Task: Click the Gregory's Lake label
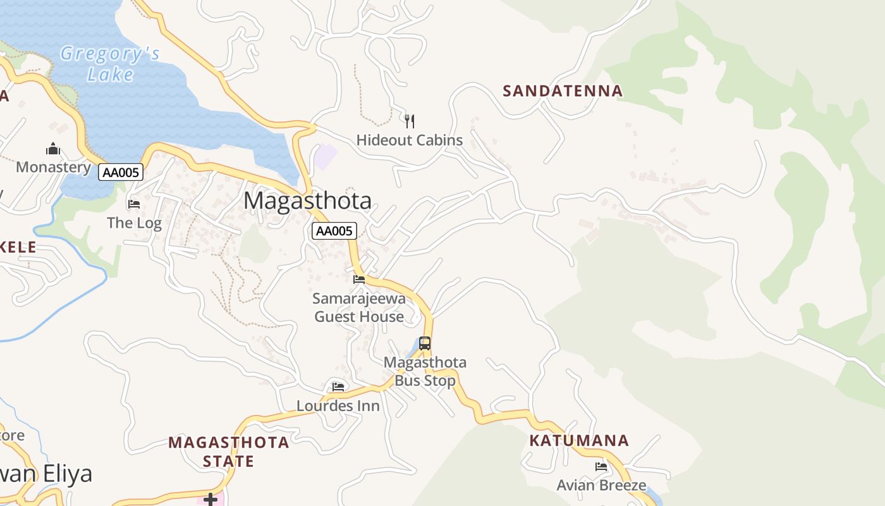point(110,64)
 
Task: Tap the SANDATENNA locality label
point(563,91)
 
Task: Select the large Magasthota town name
point(307,201)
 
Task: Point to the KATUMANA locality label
point(579,441)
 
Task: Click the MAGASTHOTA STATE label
point(228,452)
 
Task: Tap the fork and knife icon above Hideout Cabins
point(410,121)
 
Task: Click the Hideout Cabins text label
point(410,140)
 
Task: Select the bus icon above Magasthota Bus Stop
point(425,343)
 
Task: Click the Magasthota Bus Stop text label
point(425,372)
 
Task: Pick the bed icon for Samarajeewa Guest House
point(359,279)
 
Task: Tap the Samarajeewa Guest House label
point(359,307)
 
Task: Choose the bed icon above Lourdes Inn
point(338,386)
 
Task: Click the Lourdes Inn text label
point(338,406)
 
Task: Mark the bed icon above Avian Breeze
point(601,467)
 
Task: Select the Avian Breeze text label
point(601,486)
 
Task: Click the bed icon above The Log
point(134,204)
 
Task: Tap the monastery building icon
point(53,149)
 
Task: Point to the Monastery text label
point(54,167)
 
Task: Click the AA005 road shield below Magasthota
point(334,231)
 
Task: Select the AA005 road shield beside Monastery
point(121,172)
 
